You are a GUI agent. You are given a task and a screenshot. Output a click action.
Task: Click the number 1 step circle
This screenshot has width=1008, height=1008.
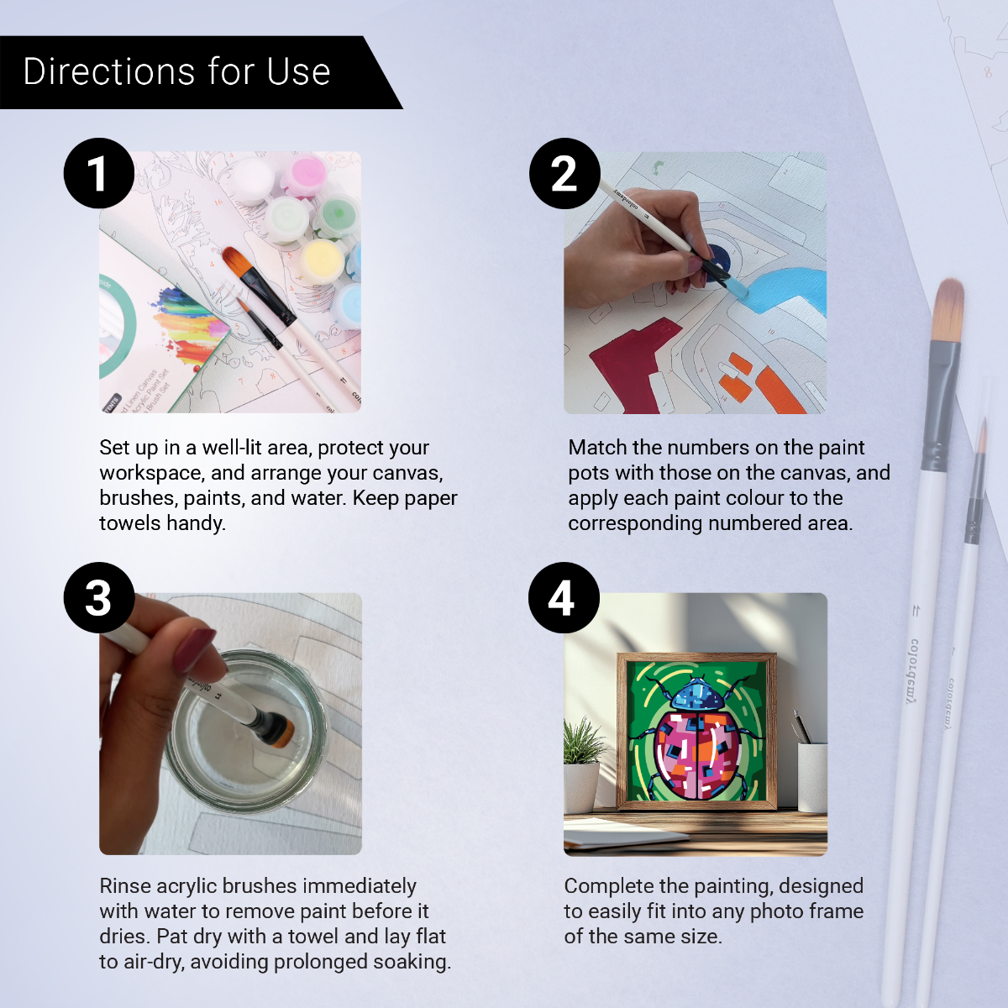pos(99,173)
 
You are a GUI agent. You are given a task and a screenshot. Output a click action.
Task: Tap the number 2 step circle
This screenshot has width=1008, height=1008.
pos(564,173)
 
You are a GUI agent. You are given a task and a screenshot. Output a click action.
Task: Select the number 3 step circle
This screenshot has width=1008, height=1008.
pos(99,597)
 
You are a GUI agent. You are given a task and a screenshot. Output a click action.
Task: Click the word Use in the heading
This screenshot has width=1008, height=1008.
pos(299,72)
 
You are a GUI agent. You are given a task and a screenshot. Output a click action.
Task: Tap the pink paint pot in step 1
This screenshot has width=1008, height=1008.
pos(303,176)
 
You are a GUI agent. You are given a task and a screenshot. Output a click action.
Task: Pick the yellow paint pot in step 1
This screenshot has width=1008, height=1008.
pos(321,260)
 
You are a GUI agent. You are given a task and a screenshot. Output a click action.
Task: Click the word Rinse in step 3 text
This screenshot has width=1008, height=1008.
pos(125,886)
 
